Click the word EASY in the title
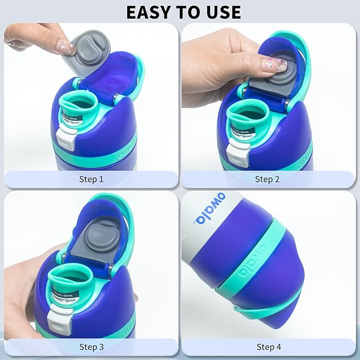click(x=147, y=11)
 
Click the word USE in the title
click(x=223, y=11)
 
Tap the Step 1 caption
click(x=91, y=179)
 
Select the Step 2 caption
click(x=267, y=179)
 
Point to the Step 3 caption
click(x=91, y=347)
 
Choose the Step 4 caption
click(x=267, y=347)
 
